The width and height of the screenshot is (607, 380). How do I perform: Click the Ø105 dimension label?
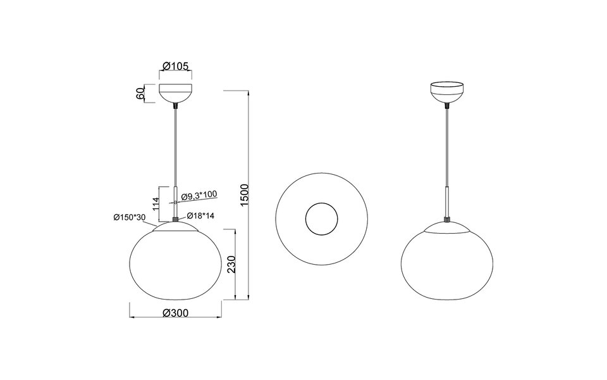[175, 66]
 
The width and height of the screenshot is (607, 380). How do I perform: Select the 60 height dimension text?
[140, 94]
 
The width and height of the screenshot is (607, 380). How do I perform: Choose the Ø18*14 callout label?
[200, 215]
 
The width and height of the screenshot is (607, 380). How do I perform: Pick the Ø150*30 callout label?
[130, 217]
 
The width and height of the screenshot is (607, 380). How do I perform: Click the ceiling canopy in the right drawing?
[447, 92]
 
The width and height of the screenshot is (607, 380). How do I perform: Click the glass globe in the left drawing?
[175, 263]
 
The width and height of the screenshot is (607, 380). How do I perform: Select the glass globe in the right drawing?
[447, 263]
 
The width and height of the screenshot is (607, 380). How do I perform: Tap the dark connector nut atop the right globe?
[447, 220]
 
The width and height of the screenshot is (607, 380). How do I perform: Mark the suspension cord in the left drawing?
[175, 146]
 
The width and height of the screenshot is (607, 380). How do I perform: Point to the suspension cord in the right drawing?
[447, 146]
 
